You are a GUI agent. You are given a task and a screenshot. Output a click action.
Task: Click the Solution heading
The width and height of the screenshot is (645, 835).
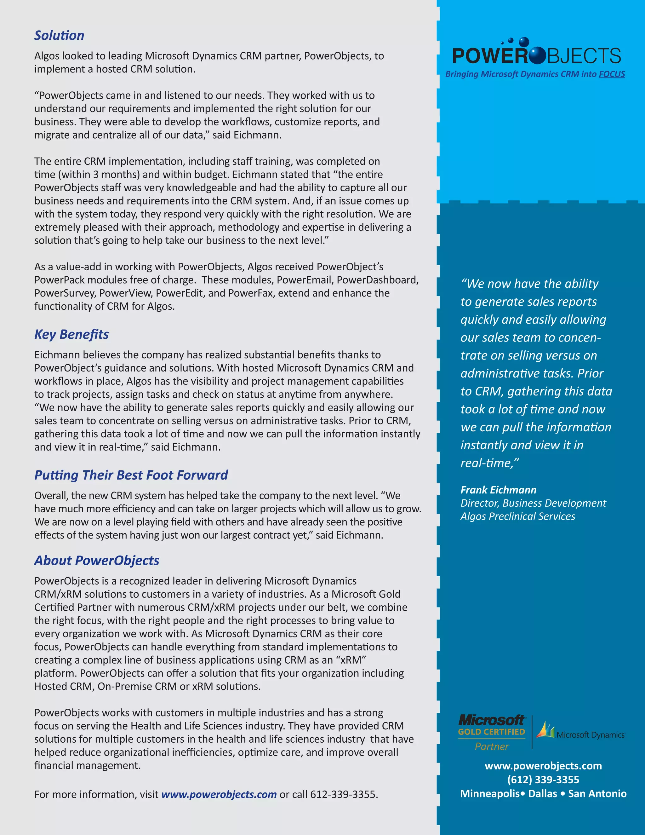59,36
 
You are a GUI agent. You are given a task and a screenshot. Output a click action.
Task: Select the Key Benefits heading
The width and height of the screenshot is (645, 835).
71,335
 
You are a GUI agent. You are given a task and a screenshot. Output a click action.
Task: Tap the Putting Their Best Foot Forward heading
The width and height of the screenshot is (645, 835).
131,475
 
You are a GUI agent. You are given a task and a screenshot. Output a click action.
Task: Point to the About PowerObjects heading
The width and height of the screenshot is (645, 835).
97,561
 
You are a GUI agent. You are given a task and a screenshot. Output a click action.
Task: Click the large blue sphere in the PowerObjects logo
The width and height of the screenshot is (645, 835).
538,55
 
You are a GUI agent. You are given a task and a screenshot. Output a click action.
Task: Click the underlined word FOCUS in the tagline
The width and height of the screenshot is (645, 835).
612,74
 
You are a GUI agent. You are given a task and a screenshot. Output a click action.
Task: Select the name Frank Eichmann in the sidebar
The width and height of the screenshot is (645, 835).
498,490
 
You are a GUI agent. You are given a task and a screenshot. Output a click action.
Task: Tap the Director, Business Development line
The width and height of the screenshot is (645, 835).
533,503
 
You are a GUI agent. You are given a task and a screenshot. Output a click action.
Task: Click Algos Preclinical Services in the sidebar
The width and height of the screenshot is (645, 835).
517,516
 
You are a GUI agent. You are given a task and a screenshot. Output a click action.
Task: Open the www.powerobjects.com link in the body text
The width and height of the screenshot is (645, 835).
219,794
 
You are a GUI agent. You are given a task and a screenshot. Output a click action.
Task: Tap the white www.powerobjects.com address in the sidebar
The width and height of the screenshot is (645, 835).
543,766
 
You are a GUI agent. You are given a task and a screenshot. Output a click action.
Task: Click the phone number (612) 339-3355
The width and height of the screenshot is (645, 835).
543,780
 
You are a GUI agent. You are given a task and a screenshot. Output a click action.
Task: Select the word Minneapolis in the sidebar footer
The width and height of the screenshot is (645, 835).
489,794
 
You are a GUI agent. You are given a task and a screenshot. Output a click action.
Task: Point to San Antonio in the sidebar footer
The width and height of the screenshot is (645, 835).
597,794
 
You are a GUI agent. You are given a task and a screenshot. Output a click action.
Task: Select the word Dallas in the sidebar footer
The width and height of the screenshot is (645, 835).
543,794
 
